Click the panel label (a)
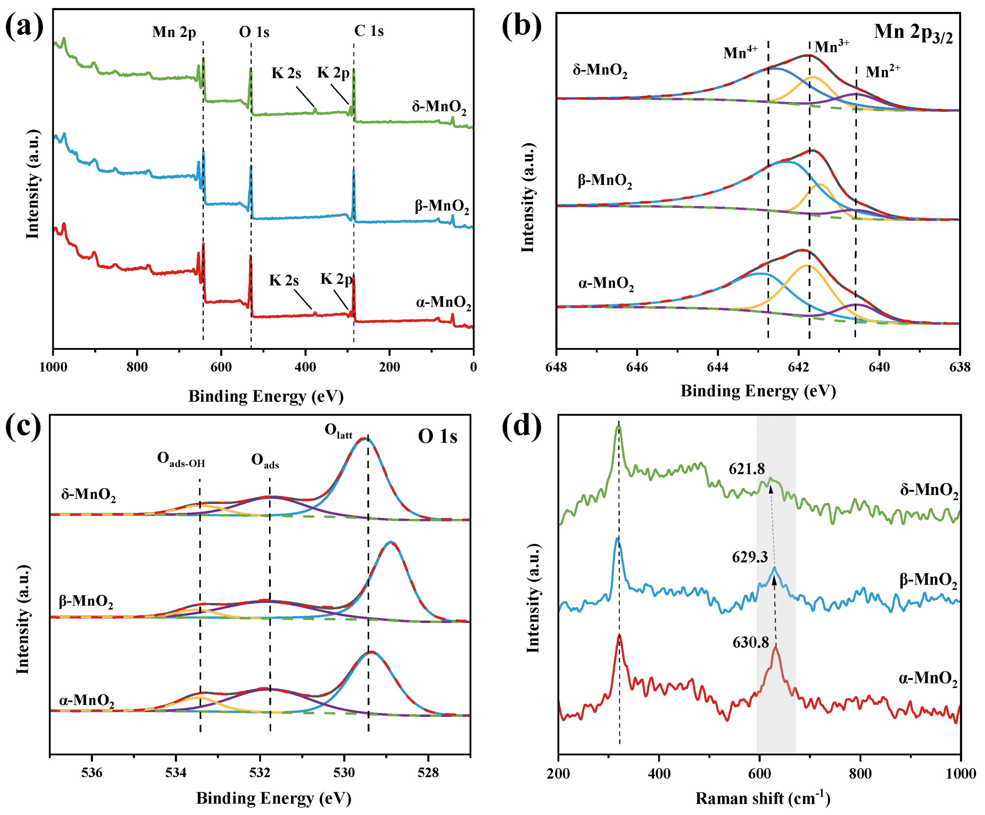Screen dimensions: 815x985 (24, 27)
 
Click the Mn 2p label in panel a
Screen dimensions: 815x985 (174, 32)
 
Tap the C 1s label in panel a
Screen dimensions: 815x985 (369, 32)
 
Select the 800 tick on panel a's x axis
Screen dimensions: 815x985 (137, 367)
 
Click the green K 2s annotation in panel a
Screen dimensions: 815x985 (286, 74)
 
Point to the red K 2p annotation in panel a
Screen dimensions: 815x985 (336, 279)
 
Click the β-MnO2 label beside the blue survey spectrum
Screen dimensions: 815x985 (441, 207)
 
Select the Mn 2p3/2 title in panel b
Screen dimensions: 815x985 (913, 33)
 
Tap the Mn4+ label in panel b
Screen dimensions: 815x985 (740, 52)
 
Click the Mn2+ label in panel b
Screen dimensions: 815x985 (883, 72)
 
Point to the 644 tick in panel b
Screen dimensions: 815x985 (718, 367)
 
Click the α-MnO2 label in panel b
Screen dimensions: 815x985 (606, 284)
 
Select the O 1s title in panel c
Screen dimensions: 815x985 (437, 437)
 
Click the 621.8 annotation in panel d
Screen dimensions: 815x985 (747, 469)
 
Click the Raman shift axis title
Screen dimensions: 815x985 (763, 798)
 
